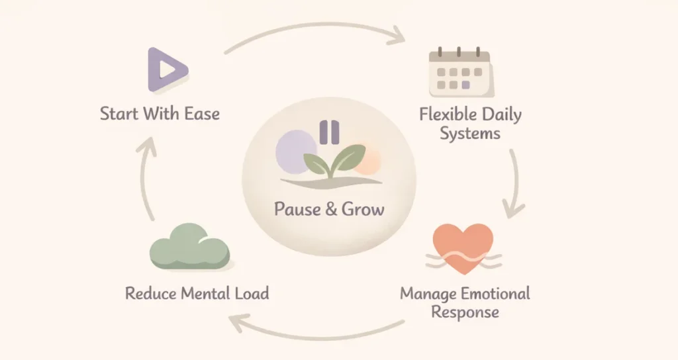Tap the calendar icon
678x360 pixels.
click(x=459, y=73)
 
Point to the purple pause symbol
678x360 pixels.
click(x=328, y=132)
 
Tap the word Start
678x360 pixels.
click(x=119, y=113)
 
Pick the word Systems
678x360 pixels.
click(x=470, y=133)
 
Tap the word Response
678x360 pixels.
click(x=465, y=311)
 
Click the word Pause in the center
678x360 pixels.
click(x=297, y=210)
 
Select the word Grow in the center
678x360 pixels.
click(x=362, y=210)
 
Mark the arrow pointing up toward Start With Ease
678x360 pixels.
click(x=149, y=179)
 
